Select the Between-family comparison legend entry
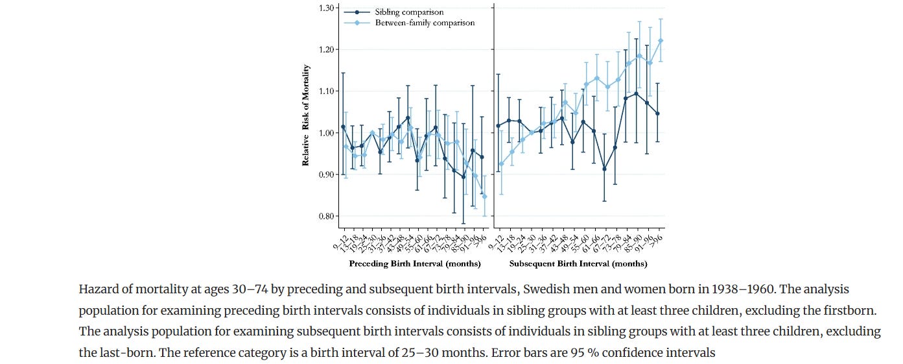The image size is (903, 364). tap(425, 23)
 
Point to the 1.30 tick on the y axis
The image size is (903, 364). tap(325, 8)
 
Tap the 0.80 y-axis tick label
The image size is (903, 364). tap(325, 216)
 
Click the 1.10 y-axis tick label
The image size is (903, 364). tap(325, 91)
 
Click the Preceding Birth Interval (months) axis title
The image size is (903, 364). tap(415, 264)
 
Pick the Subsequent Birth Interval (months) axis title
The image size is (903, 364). tap(578, 264)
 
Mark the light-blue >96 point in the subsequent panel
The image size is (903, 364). tap(661, 41)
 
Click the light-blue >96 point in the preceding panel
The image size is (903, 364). tap(484, 196)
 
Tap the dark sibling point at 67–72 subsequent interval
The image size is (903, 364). tap(605, 169)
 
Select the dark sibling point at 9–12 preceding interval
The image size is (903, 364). tap(343, 127)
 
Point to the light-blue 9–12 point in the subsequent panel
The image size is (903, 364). tap(501, 164)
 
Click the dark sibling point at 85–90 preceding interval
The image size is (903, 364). tap(463, 176)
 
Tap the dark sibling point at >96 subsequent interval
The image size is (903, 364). tap(657, 114)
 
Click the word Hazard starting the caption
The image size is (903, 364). tap(97, 289)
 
